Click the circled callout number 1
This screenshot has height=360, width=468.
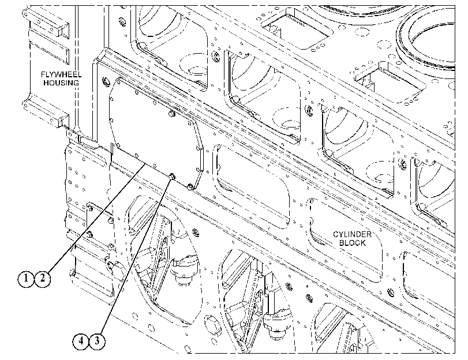click(x=26, y=279)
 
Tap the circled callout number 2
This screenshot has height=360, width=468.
click(x=42, y=279)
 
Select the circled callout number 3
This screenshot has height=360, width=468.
click(x=97, y=340)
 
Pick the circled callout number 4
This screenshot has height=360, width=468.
click(x=81, y=340)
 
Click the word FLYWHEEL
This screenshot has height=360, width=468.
click(x=61, y=74)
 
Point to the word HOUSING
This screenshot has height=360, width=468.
click(x=61, y=82)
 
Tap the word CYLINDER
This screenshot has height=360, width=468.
click(x=352, y=234)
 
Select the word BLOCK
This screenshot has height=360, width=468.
click(x=352, y=243)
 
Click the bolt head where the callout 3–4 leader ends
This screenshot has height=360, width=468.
click(x=172, y=177)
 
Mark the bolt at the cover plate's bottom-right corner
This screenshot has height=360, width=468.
click(x=190, y=187)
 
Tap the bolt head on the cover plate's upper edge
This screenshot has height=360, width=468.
click(x=171, y=114)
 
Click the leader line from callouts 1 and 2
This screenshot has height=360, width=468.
click(x=96, y=217)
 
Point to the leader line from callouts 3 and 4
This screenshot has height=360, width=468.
click(x=136, y=256)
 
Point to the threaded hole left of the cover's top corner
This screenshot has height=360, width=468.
click(x=104, y=81)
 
